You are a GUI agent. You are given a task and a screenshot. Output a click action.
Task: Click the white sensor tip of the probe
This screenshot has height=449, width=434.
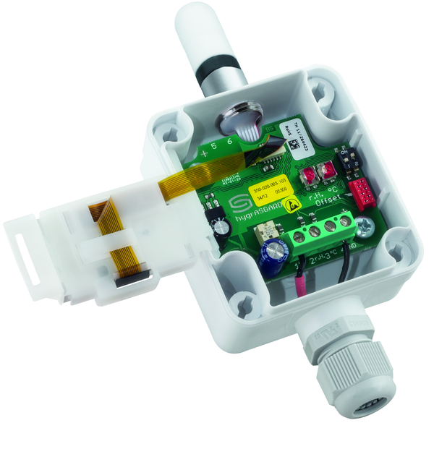[207, 28]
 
